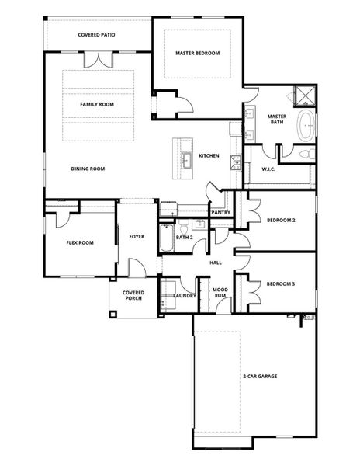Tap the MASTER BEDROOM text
(197, 54)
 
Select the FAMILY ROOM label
(97, 104)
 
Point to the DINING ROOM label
(88, 169)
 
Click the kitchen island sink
(187, 160)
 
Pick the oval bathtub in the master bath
(307, 126)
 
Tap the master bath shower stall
(305, 97)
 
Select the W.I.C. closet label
(268, 169)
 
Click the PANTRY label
(220, 212)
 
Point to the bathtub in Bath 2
(167, 238)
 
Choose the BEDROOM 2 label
(281, 221)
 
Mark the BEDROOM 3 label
(281, 284)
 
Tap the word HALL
(216, 263)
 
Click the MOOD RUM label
(220, 293)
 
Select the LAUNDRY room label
(184, 296)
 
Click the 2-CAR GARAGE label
(259, 377)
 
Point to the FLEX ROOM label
(78, 242)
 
